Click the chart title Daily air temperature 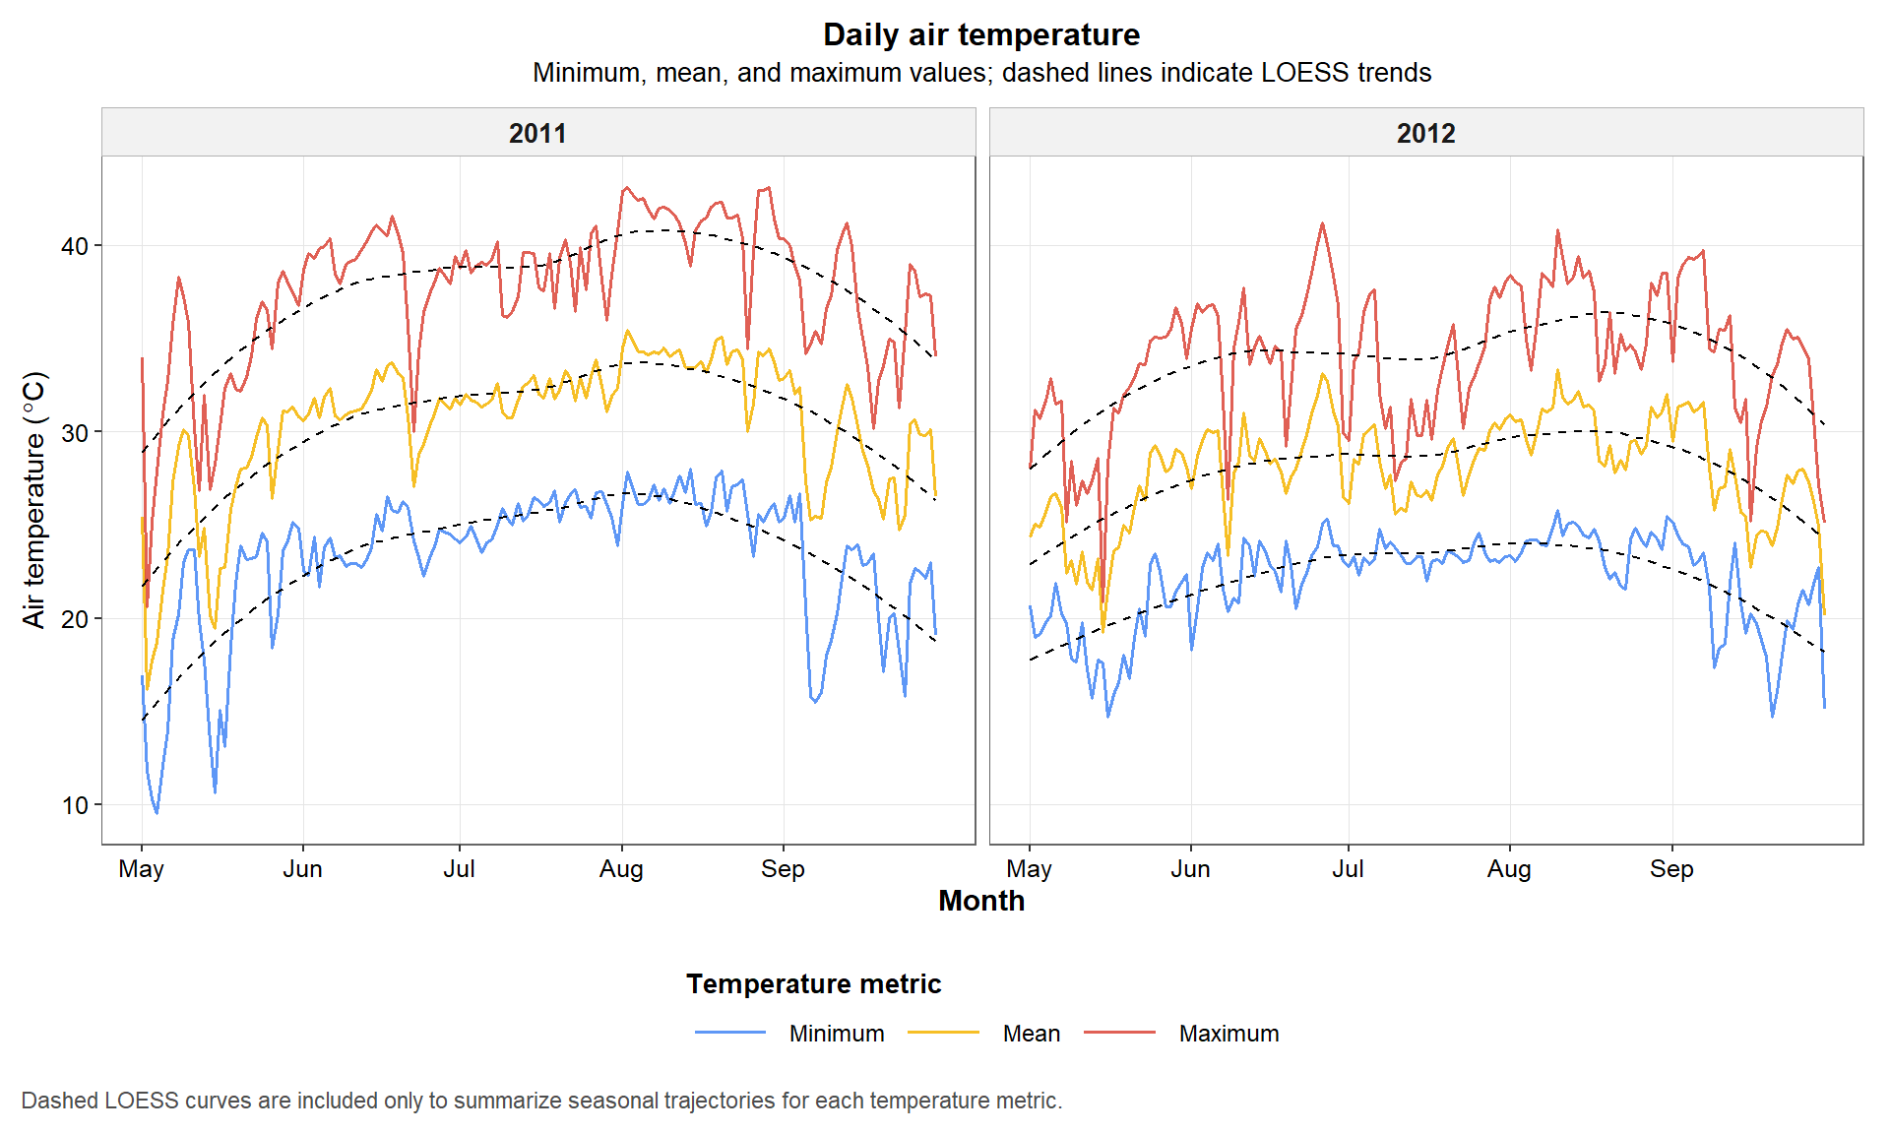pyautogui.click(x=980, y=34)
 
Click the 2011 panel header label pyautogui.click(x=537, y=133)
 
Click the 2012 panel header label pyautogui.click(x=1425, y=133)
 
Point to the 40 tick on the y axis pyautogui.click(x=75, y=246)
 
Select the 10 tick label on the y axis pyautogui.click(x=75, y=805)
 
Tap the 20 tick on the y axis pyautogui.click(x=75, y=619)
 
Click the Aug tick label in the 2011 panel pyautogui.click(x=621, y=869)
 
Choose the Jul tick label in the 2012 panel pyautogui.click(x=1348, y=869)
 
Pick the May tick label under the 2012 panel pyautogui.click(x=1029, y=869)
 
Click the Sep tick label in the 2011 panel pyautogui.click(x=783, y=869)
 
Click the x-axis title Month pyautogui.click(x=980, y=901)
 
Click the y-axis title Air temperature pyautogui.click(x=34, y=499)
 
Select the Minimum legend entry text pyautogui.click(x=836, y=1034)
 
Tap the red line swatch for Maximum pyautogui.click(x=1119, y=1033)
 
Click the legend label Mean pyautogui.click(x=1031, y=1034)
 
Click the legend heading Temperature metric pyautogui.click(x=813, y=984)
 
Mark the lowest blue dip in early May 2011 pyautogui.click(x=157, y=812)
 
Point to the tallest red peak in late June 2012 pyautogui.click(x=1322, y=224)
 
